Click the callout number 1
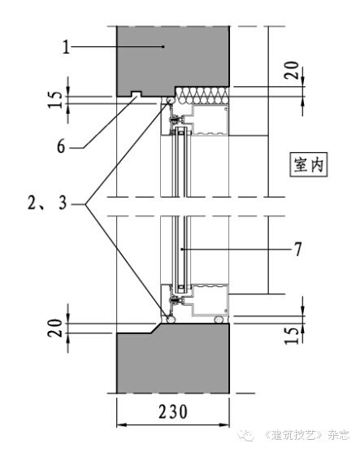pyautogui.click(x=67, y=46)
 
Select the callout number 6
pyautogui.click(x=61, y=146)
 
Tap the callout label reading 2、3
pyautogui.click(x=47, y=202)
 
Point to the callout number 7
pyautogui.click(x=297, y=250)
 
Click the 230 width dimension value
pyautogui.click(x=173, y=411)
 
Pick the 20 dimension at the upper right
pyautogui.click(x=292, y=70)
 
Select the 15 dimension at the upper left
pyautogui.click(x=55, y=99)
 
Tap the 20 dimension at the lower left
pyautogui.click(x=55, y=328)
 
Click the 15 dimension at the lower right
pyautogui.click(x=292, y=336)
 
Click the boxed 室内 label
pyautogui.click(x=309, y=164)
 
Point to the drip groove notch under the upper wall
pyautogui.click(x=137, y=94)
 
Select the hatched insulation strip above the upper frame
pyautogui.click(x=202, y=95)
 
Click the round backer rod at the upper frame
pyautogui.click(x=170, y=100)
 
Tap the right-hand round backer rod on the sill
pyautogui.click(x=219, y=319)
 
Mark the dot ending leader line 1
pyautogui.click(x=163, y=46)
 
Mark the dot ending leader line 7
pyautogui.click(x=181, y=249)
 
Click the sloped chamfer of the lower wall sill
pyautogui.click(x=156, y=328)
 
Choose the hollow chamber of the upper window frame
pyautogui.click(x=210, y=120)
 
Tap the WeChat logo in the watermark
pyautogui.click(x=246, y=434)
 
